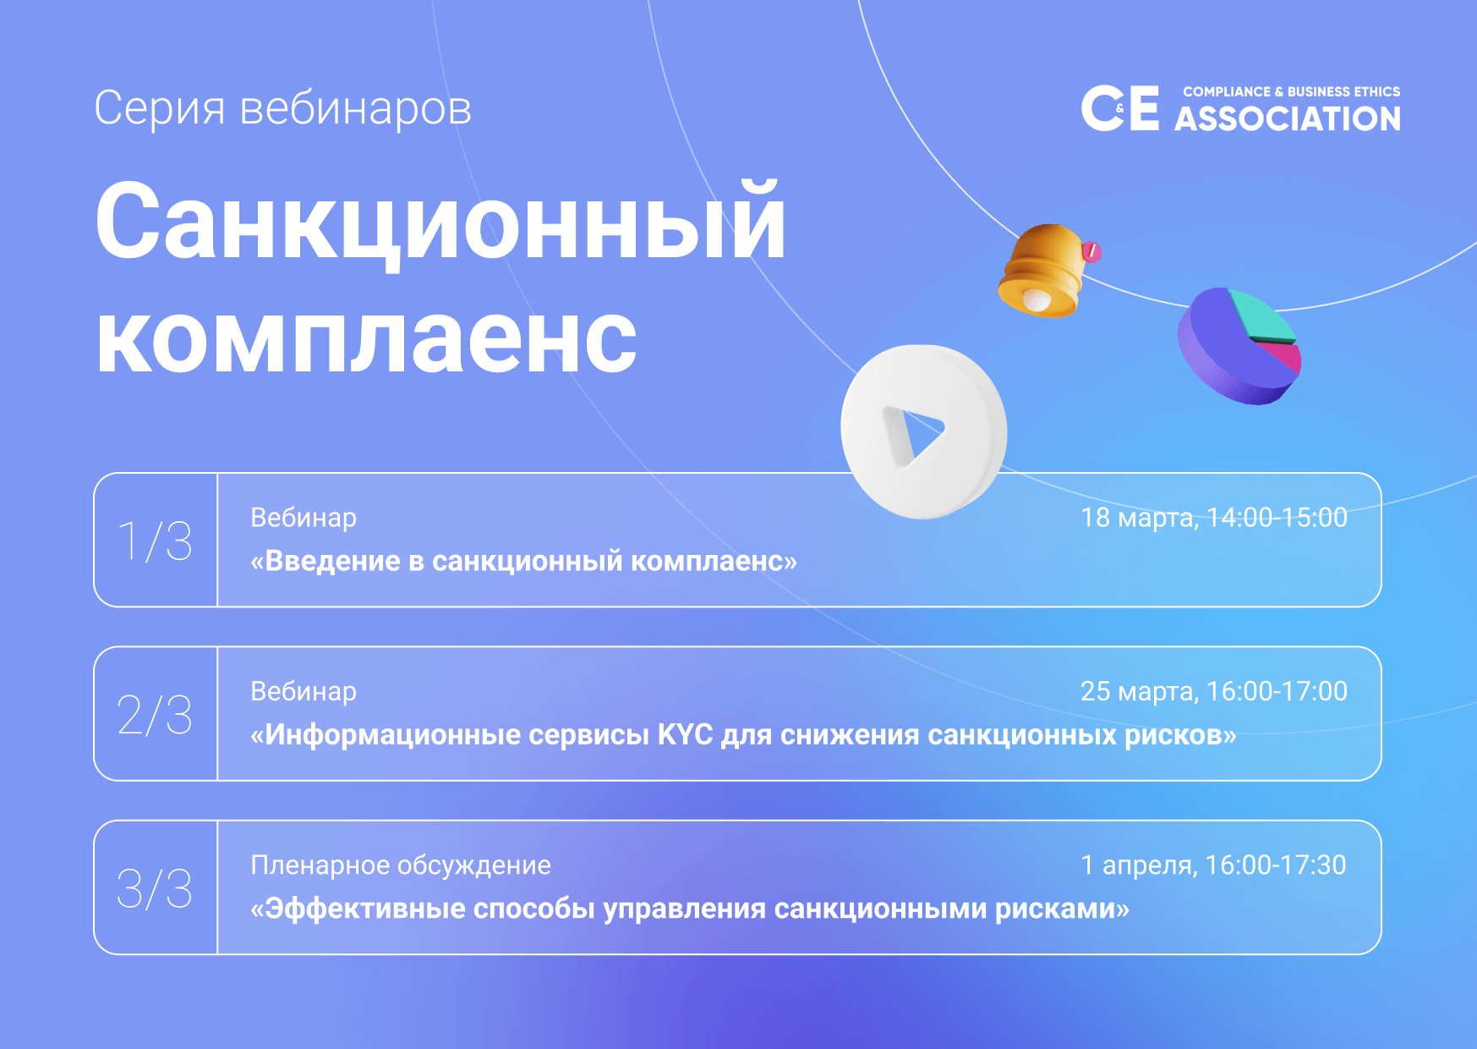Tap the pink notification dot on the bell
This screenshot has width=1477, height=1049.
click(1091, 251)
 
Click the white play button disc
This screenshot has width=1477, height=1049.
click(923, 431)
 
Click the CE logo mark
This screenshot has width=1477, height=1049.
click(1120, 108)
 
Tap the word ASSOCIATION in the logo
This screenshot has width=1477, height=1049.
click(1288, 118)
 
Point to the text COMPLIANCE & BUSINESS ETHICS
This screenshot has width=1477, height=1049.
click(1291, 91)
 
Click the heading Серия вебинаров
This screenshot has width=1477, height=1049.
click(282, 109)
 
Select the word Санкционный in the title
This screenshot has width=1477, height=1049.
click(440, 222)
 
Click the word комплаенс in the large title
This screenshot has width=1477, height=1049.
click(366, 339)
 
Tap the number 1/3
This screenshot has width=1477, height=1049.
click(155, 541)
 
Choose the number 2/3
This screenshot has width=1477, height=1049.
click(155, 715)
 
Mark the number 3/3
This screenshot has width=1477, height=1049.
click(155, 888)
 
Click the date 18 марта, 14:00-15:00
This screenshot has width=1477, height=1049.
click(1214, 518)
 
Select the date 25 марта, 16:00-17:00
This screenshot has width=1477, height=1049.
click(1214, 692)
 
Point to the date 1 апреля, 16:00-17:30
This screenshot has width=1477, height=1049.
click(1214, 865)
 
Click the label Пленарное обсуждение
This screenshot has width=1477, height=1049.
click(401, 865)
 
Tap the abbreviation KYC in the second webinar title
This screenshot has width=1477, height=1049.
click(686, 734)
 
